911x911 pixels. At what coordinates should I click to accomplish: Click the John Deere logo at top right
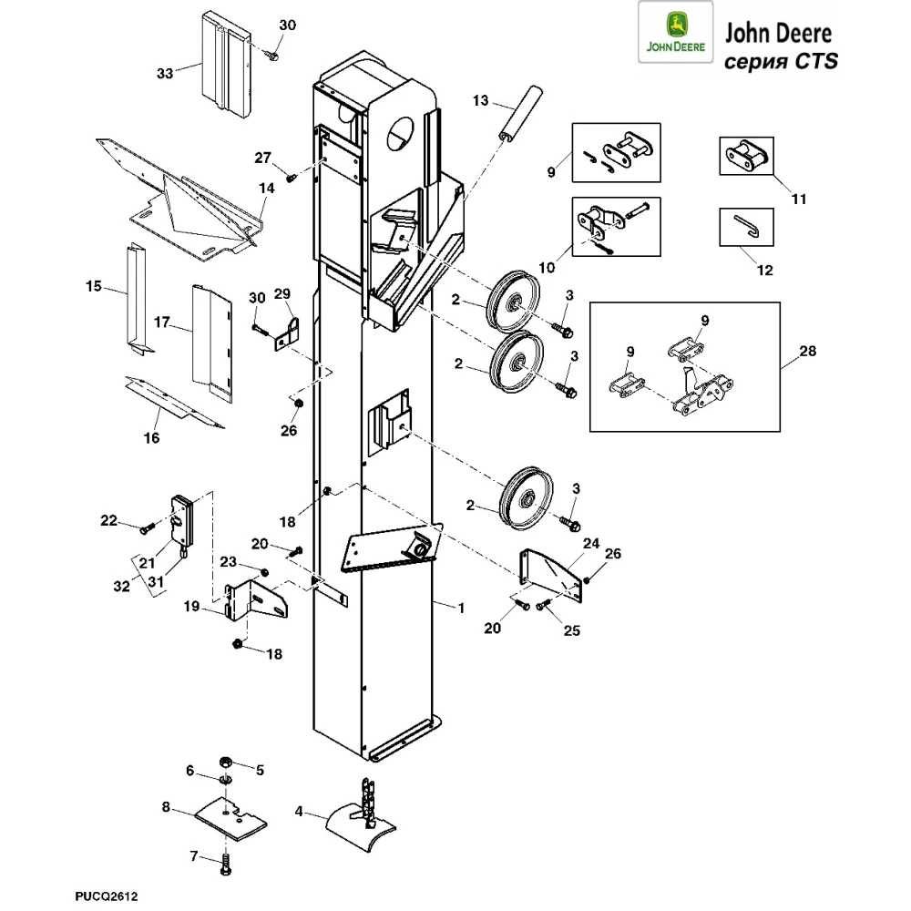(x=675, y=36)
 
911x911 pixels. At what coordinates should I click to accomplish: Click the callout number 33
(x=164, y=74)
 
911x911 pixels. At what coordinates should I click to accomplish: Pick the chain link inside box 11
(x=746, y=157)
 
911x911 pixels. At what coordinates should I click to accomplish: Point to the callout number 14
(x=266, y=189)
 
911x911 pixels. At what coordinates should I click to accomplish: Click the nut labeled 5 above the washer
(x=223, y=762)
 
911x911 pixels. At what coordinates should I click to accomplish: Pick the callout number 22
(x=109, y=520)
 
